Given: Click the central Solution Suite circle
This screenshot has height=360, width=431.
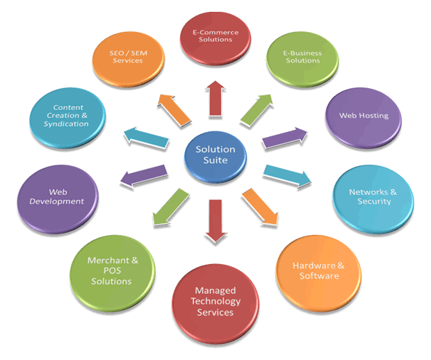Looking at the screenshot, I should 215,156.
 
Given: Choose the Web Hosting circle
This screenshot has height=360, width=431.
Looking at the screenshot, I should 363,115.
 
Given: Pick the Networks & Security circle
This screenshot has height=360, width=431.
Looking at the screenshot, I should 374,195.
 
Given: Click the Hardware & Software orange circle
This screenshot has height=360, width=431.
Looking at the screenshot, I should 318,270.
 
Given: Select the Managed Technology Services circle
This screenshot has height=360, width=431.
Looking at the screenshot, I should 215,301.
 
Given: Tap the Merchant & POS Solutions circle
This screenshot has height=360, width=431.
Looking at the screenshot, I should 110,270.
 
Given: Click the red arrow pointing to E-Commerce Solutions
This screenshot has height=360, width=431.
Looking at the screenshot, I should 216,98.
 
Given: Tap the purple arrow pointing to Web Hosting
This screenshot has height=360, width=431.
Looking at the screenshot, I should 284,138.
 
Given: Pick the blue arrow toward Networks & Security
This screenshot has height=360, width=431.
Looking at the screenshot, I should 286,176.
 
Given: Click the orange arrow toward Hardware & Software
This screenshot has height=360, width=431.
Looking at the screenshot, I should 259,206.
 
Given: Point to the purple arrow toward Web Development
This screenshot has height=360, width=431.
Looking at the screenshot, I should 144,175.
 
